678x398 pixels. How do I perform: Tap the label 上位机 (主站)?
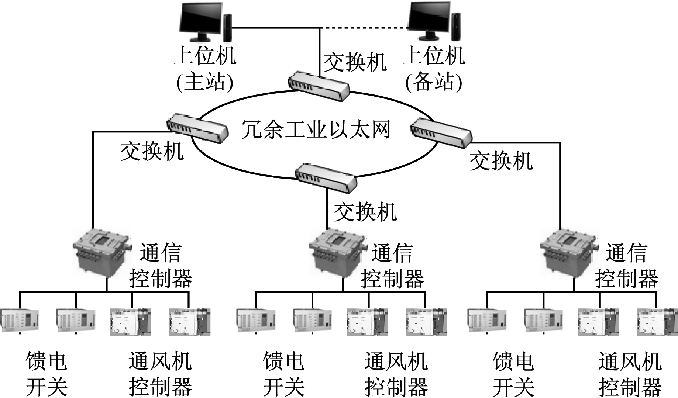click(205, 68)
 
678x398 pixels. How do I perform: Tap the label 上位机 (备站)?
click(434, 68)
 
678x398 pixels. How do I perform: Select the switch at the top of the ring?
click(319, 86)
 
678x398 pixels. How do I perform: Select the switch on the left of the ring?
click(197, 128)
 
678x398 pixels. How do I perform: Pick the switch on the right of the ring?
click(441, 133)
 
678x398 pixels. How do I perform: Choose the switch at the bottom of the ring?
click(326, 177)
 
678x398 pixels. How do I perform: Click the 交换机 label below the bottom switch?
click(365, 212)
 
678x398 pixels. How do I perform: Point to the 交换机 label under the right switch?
click(501, 161)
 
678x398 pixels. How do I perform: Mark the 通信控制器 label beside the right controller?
click(626, 266)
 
